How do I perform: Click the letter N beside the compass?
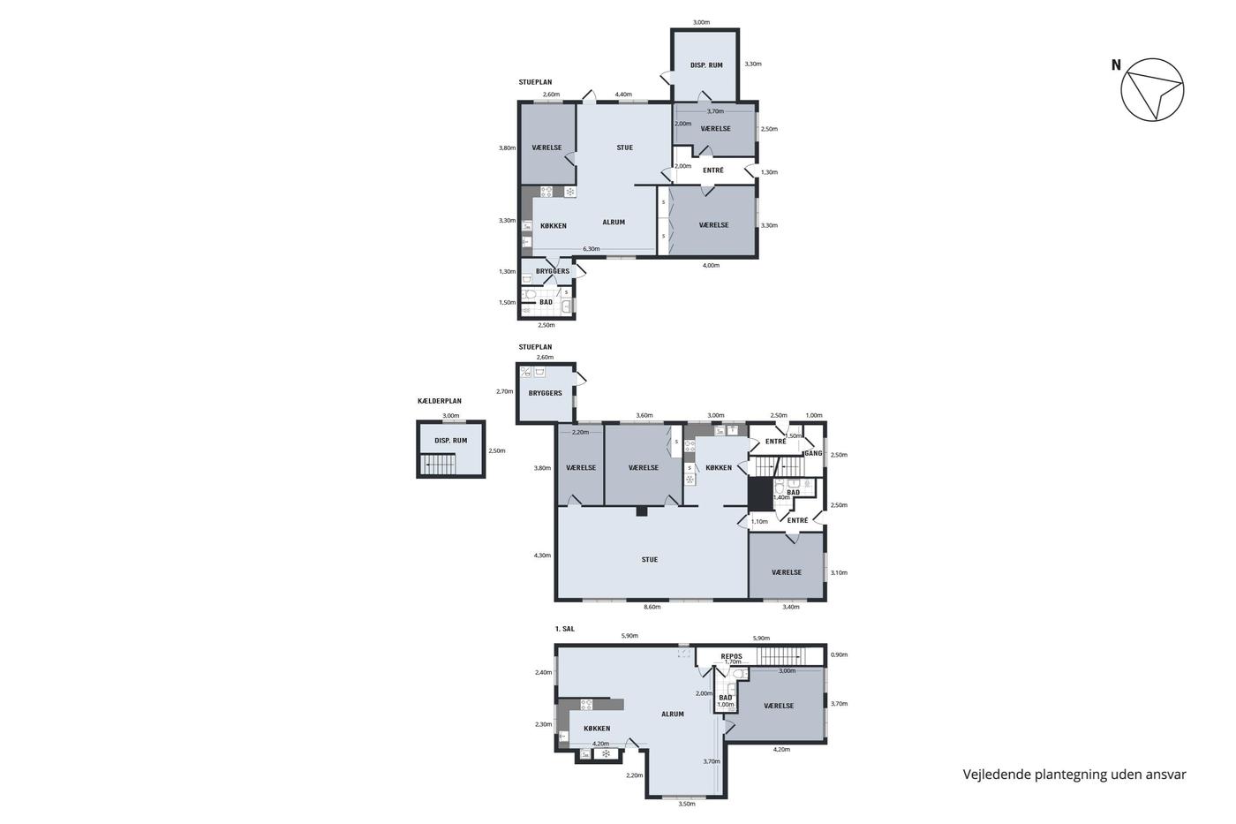[x=1116, y=65]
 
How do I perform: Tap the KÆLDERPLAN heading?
[x=440, y=401]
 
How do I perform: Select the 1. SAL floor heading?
[x=564, y=629]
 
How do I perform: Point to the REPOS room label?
[x=732, y=656]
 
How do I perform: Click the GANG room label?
[x=813, y=453]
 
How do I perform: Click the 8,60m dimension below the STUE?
[x=652, y=607]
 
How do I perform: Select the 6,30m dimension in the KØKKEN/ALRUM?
[x=591, y=249]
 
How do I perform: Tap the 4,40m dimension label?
[x=623, y=94]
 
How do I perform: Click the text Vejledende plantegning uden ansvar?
[x=1074, y=775]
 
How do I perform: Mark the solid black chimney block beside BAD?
[x=759, y=494]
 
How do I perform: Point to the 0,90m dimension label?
[x=839, y=654]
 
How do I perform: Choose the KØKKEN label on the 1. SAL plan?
[x=597, y=729]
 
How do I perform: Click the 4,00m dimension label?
[x=711, y=266]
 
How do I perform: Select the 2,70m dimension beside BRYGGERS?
[x=504, y=391]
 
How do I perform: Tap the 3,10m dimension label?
[x=839, y=572]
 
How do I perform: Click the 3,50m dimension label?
[x=687, y=804]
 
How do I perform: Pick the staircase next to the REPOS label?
[x=780, y=657]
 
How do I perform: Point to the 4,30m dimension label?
[x=542, y=556]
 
